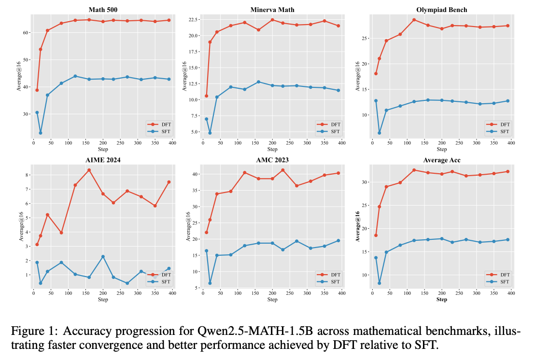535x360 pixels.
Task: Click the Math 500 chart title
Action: tap(103, 10)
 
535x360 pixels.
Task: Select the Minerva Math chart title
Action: tap(272, 10)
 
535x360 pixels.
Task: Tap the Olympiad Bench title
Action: tap(441, 10)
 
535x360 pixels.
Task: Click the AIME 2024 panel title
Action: tap(103, 160)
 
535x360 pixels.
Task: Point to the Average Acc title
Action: tap(441, 160)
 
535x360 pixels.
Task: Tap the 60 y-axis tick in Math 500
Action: tap(26, 33)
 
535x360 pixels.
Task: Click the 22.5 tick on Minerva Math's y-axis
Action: tap(192, 19)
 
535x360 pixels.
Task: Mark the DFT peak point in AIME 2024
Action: tap(89, 170)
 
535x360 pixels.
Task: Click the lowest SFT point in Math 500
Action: tap(40, 133)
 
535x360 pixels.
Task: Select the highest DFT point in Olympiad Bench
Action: tap(414, 20)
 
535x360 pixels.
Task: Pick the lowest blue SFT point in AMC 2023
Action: tap(210, 283)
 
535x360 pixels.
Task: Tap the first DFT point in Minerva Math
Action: tap(206, 96)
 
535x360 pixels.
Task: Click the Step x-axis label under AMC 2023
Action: tap(272, 300)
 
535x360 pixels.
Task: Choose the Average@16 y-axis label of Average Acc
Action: tap(358, 226)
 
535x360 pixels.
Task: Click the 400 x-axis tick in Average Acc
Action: tap(511, 293)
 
